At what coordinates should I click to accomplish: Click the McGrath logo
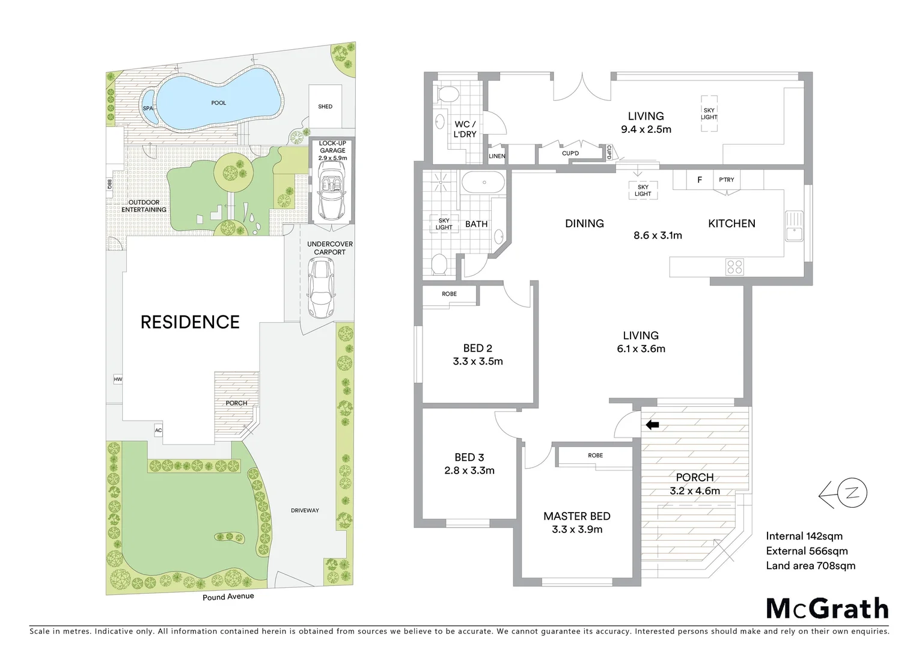(827, 608)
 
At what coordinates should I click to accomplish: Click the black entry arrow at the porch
(652, 425)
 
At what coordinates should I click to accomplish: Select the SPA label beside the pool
(148, 108)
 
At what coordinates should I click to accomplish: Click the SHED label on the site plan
(325, 106)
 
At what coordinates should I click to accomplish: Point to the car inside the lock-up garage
(329, 193)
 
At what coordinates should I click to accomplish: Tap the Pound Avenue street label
(228, 597)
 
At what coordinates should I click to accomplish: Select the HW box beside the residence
(117, 379)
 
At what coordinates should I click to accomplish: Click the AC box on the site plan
(158, 430)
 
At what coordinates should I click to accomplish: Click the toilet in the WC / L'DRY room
(447, 94)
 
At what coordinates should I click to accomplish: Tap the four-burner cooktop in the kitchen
(734, 266)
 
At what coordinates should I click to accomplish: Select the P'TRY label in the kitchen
(726, 180)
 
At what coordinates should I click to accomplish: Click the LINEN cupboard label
(497, 156)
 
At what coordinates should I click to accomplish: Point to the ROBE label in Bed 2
(449, 294)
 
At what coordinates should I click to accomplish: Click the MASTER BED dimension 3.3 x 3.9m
(576, 529)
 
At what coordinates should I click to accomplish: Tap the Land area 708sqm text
(810, 565)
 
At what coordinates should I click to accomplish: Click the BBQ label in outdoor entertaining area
(110, 184)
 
